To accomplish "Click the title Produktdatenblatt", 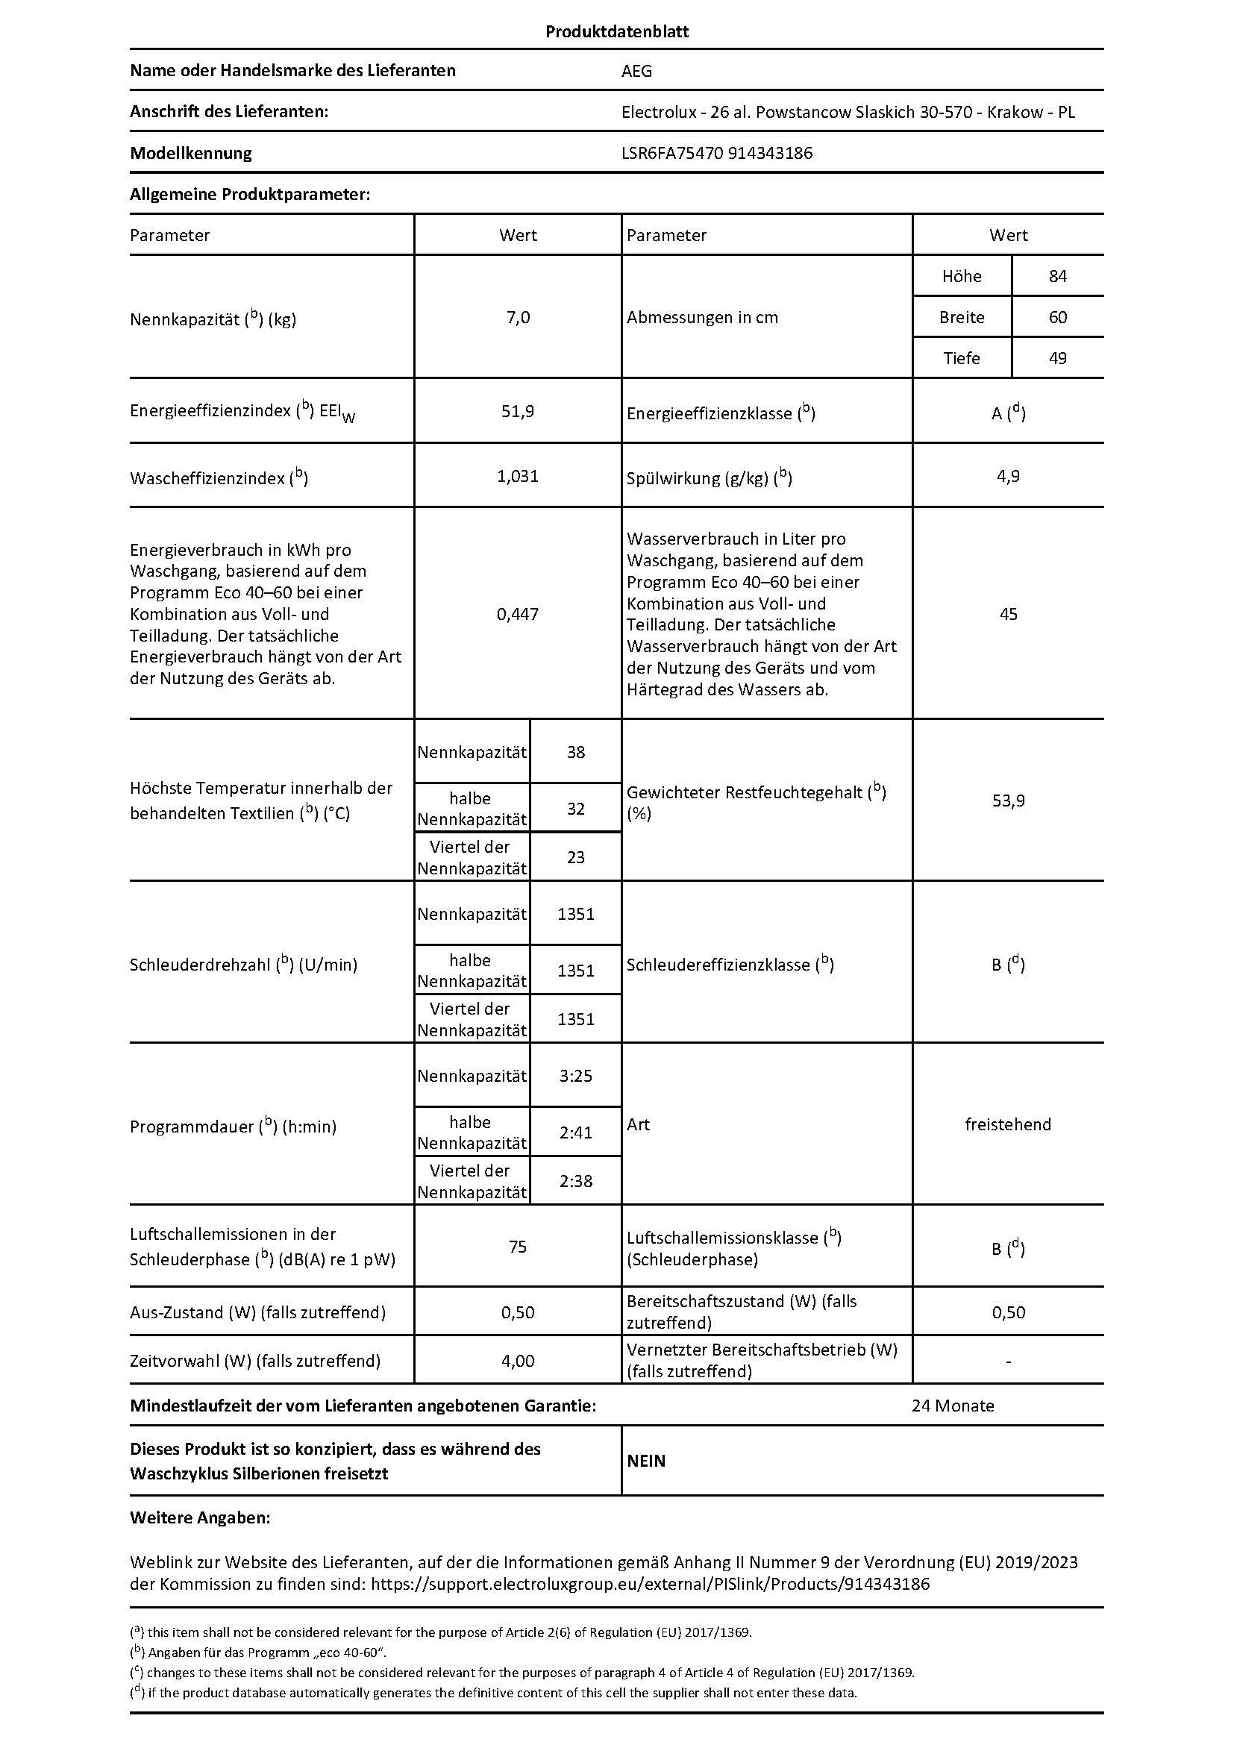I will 616,31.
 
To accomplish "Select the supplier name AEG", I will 636,71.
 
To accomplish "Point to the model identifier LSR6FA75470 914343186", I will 716,153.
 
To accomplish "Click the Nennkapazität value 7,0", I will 518,317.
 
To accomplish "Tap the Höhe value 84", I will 1057,276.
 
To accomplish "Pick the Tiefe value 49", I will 1057,358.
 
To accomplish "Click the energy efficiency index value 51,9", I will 518,411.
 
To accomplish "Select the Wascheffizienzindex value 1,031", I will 518,477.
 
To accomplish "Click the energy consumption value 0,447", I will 518,614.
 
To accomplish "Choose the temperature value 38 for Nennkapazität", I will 575,753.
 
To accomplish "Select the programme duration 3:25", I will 575,1076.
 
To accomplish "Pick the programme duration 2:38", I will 575,1180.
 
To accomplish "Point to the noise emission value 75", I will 518,1247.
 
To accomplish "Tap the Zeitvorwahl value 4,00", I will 518,1361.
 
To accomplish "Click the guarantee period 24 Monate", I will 952,1406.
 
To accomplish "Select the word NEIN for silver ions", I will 646,1461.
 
